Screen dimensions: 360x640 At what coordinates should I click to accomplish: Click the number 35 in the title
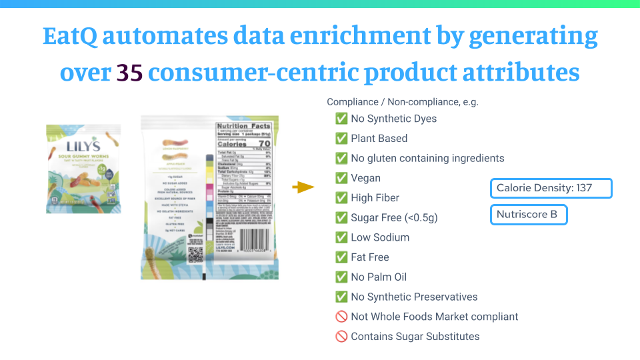click(x=129, y=72)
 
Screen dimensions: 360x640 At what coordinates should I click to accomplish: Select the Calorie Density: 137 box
click(x=551, y=188)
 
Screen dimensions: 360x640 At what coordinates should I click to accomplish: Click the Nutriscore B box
click(x=529, y=215)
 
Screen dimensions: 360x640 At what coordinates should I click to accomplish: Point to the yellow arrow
click(x=303, y=187)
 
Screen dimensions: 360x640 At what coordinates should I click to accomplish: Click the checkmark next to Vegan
click(x=341, y=178)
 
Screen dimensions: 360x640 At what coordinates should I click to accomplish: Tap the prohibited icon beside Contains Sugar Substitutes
click(x=341, y=337)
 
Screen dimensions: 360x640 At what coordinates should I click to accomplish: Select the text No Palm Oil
click(x=379, y=277)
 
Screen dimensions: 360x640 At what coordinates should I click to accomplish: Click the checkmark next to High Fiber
click(x=341, y=198)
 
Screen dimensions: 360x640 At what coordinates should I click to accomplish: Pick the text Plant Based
click(x=379, y=139)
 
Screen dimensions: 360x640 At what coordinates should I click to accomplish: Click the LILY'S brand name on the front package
click(x=83, y=146)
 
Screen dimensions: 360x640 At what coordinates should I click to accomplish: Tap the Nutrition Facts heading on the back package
click(x=243, y=126)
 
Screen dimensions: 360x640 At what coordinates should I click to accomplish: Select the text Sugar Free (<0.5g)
click(x=394, y=218)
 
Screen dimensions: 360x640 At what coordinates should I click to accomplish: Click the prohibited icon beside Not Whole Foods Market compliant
click(x=341, y=317)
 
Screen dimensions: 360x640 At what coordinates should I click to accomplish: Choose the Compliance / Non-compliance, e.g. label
click(x=403, y=102)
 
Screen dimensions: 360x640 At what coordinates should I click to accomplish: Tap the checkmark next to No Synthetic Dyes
click(x=341, y=119)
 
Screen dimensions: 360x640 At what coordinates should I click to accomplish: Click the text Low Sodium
click(x=380, y=237)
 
